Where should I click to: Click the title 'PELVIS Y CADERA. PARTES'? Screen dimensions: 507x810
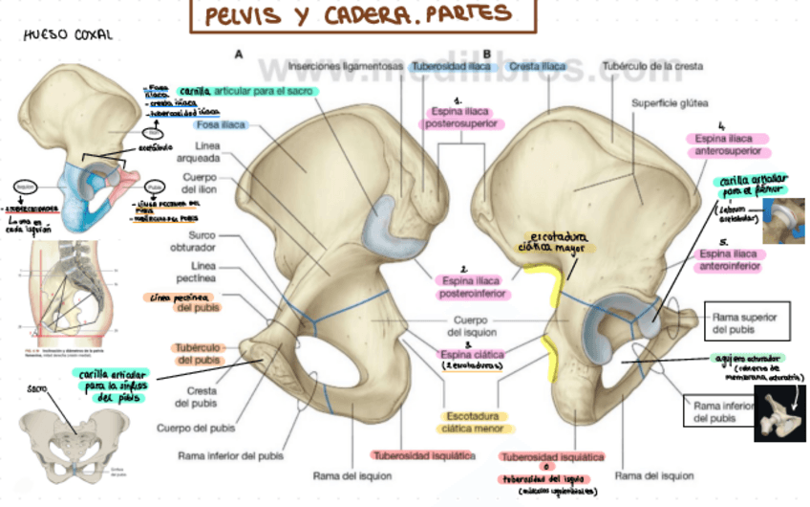pyautogui.click(x=363, y=16)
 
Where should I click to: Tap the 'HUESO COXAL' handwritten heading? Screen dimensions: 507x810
pyautogui.click(x=67, y=34)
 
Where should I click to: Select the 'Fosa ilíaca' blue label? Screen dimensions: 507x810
pyautogui.click(x=221, y=125)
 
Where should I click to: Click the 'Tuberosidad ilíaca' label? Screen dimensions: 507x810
pyautogui.click(x=452, y=67)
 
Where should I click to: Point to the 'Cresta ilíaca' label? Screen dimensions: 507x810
pyautogui.click(x=537, y=67)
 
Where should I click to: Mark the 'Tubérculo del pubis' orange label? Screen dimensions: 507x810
pyautogui.click(x=201, y=353)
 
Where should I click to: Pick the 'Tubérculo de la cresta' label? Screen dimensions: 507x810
pyautogui.click(x=652, y=67)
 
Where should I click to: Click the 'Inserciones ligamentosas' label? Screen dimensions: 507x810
pyautogui.click(x=345, y=67)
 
